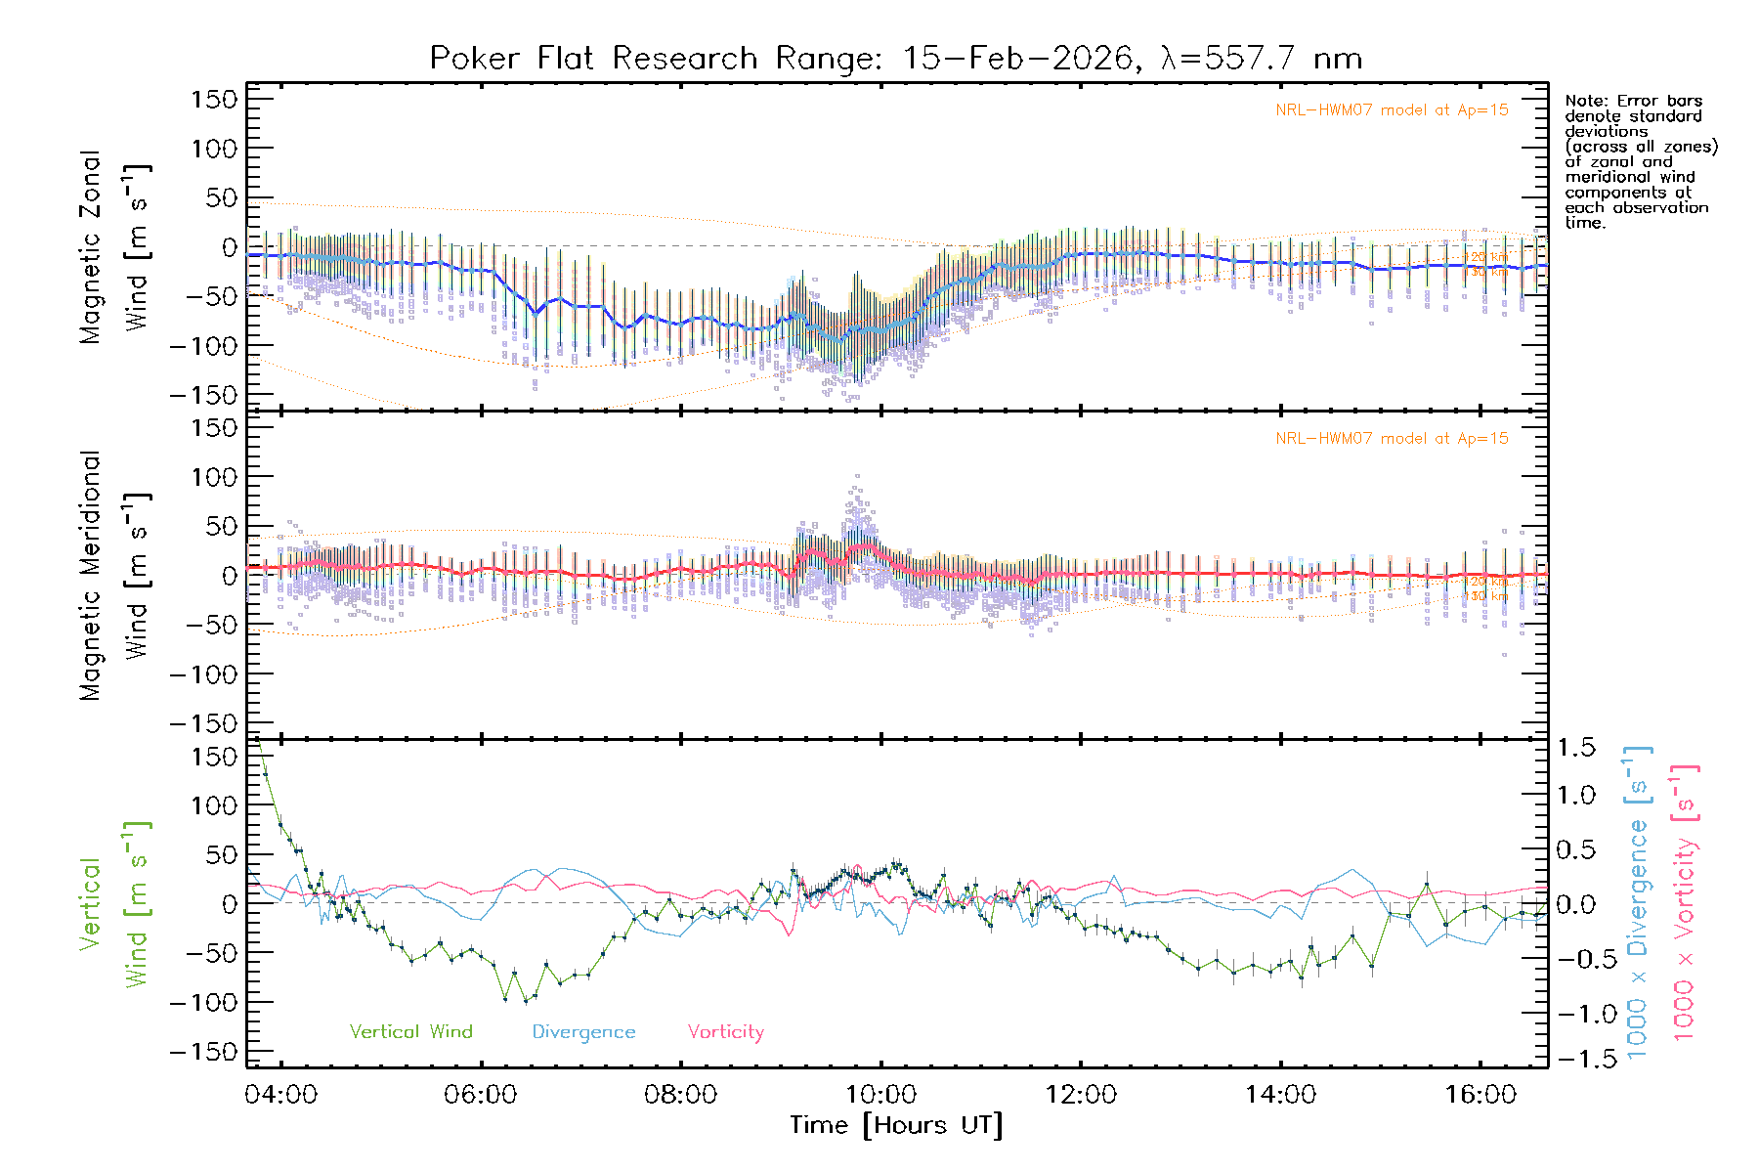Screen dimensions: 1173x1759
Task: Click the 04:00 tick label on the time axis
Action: point(281,1095)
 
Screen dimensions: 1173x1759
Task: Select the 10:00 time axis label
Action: point(880,1095)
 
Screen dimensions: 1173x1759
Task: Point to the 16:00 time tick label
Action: point(1480,1095)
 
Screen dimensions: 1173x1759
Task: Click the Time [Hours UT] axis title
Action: point(896,1126)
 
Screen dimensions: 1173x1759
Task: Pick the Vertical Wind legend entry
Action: point(410,1032)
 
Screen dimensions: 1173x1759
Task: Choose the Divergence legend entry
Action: point(583,1032)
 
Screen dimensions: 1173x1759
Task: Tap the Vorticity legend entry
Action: point(725,1032)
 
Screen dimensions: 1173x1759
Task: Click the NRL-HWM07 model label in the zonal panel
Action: point(1392,110)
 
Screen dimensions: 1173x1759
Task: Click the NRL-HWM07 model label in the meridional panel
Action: point(1392,439)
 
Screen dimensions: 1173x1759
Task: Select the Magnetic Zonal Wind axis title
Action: point(115,246)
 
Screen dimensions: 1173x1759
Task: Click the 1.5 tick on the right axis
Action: point(1576,748)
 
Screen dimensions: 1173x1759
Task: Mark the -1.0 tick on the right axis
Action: point(1576,1014)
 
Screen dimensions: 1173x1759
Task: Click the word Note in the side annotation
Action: point(1584,101)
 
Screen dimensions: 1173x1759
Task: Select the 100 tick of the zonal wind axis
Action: point(214,149)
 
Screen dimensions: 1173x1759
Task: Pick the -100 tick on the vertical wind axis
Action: point(203,1003)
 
